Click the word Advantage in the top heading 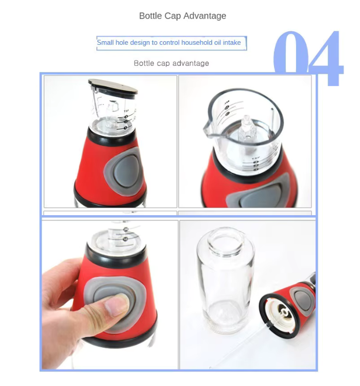coord(204,16)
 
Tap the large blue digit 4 coord(325,58)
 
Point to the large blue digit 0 coord(291,52)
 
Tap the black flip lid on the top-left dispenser coord(113,86)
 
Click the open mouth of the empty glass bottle coord(225,239)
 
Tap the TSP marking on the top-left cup coord(126,111)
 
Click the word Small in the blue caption coord(106,43)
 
